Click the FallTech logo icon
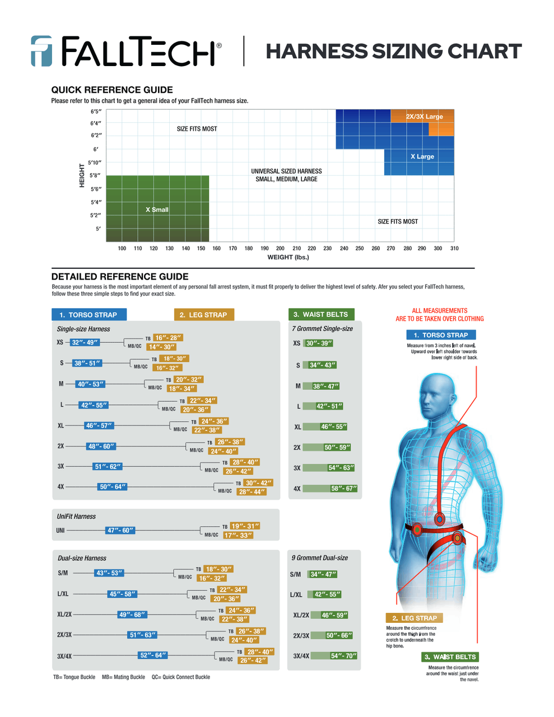point(41,51)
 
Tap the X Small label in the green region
point(157,209)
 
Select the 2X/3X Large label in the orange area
point(424,117)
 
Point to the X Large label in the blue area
point(422,156)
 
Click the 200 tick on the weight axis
point(280,248)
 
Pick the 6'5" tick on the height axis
point(96,111)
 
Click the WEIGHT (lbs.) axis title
point(288,257)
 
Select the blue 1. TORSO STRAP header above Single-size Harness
point(89,315)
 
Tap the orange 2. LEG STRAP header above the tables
point(204,315)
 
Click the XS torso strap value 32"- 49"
point(85,342)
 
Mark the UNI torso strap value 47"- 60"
point(120,530)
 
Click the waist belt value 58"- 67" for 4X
point(343,488)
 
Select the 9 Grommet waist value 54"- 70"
point(343,656)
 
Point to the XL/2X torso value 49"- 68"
point(132,614)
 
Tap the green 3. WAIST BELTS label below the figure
point(450,657)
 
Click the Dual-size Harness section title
point(82,558)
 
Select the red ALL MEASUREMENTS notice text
point(439,315)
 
